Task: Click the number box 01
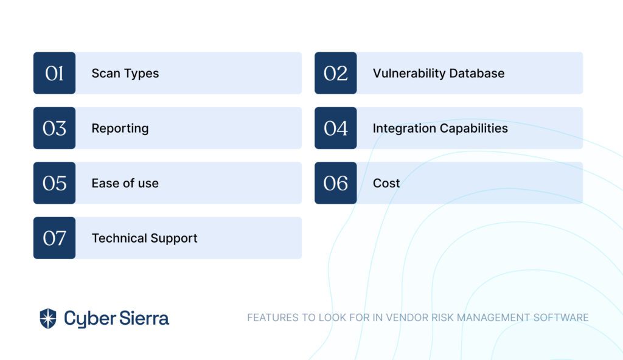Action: coord(54,73)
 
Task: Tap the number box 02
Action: coord(336,73)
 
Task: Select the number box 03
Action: coord(54,128)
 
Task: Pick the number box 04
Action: coord(336,128)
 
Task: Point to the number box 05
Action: coord(54,183)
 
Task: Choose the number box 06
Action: coord(336,183)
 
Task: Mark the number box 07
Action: coord(54,238)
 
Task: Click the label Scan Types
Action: coord(125,74)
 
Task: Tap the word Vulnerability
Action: coord(409,74)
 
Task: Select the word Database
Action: coord(477,73)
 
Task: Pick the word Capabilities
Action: coord(474,128)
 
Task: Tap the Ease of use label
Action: coord(125,183)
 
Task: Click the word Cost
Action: coord(386,183)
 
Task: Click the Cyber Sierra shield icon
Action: coord(48,318)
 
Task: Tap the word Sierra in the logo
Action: coord(144,318)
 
